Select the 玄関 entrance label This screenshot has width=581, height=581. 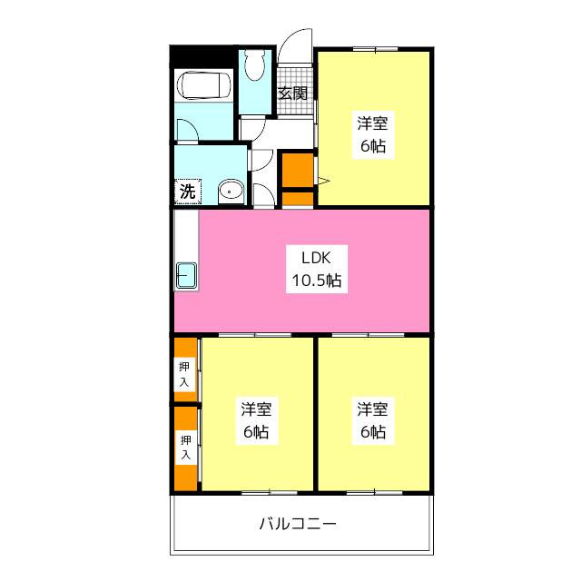[x=292, y=93]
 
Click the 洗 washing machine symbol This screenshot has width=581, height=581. [x=186, y=192]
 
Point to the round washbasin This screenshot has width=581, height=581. [x=231, y=191]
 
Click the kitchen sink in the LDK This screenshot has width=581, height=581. [x=186, y=275]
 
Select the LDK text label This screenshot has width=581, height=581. [x=302, y=257]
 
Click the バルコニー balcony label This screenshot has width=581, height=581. [x=298, y=524]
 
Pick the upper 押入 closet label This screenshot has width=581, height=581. [x=184, y=374]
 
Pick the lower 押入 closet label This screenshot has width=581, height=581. [x=184, y=446]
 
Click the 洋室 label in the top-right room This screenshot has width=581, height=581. [x=374, y=124]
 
